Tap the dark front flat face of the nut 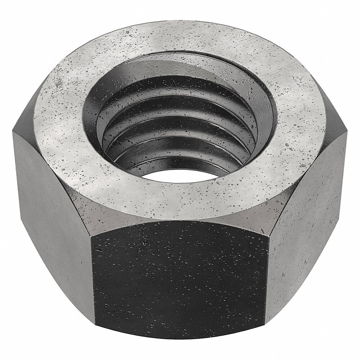(x=180, y=284)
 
